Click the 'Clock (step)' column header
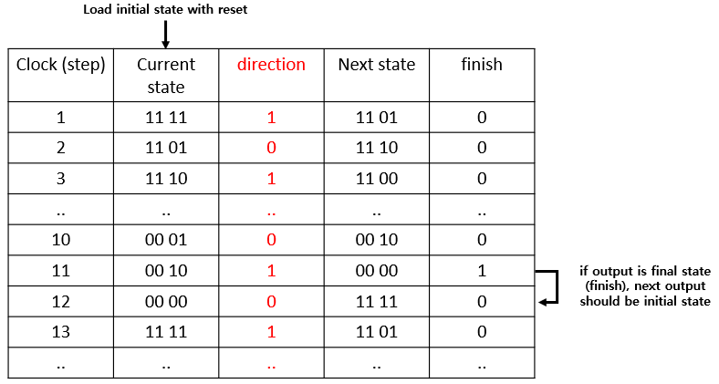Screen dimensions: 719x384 pos(61,65)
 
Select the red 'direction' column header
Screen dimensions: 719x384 pos(271,65)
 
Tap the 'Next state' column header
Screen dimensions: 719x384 pos(376,65)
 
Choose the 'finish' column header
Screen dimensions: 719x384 pos(481,65)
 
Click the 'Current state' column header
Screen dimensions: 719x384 pos(166,76)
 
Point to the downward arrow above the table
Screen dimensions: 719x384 pos(166,34)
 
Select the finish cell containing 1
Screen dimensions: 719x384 pos(481,271)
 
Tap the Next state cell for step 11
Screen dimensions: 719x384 pos(376,271)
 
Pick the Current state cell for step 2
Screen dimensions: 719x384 pos(166,148)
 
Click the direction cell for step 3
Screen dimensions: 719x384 pos(271,179)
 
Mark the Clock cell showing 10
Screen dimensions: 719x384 pos(61,240)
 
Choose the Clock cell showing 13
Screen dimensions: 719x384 pos(61,332)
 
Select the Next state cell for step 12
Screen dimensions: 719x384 pos(376,301)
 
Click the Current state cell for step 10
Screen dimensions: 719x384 pos(166,240)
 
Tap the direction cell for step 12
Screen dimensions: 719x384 pos(271,301)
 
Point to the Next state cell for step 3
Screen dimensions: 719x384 pos(376,179)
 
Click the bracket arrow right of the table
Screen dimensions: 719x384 pos(547,286)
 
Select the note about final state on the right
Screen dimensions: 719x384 pos(644,285)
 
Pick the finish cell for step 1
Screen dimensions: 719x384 pos(481,118)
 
